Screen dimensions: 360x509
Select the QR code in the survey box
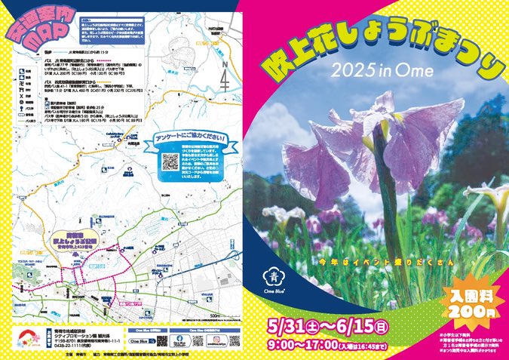pos(170,161)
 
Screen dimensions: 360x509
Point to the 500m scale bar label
pos(216,316)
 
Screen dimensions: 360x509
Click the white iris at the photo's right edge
pos(494,196)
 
